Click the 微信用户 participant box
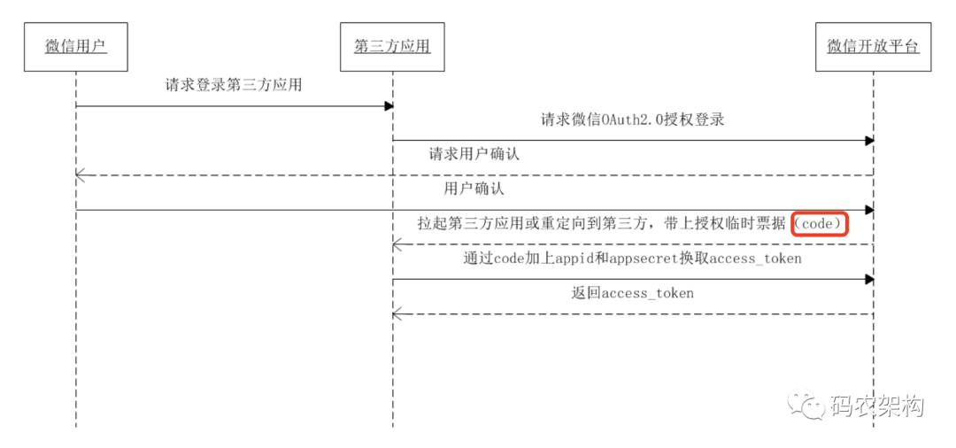tap(76, 47)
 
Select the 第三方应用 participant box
tap(393, 47)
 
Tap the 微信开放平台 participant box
tap(873, 47)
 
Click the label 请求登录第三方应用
tap(234, 85)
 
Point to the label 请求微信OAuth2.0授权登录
tap(632, 120)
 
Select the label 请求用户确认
tap(475, 154)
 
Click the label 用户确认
tap(475, 189)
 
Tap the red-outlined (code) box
tap(820, 224)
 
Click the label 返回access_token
tap(633, 293)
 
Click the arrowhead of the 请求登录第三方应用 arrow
tap(388, 106)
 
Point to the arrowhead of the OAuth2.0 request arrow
tap(868, 141)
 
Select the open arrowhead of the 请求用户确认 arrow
tap(81, 175)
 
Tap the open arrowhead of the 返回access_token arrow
tap(398, 314)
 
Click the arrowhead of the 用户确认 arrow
tap(868, 210)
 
